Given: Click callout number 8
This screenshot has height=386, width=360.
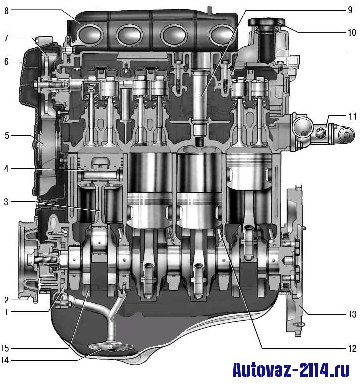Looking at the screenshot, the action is (6, 11).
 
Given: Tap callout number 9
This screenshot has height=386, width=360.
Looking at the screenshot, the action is (350, 10).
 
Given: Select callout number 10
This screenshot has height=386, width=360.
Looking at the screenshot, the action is (352, 32).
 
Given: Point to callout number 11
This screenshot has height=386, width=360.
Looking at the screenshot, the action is (352, 116).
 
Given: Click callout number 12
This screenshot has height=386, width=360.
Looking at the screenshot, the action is (352, 348).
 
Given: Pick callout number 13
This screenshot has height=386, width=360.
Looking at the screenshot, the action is (352, 314).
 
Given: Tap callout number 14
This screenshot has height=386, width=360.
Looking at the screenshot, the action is (5, 360).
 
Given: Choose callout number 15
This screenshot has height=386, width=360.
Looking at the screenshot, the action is (5, 348).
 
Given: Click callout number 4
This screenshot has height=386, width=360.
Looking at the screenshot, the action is (6, 169).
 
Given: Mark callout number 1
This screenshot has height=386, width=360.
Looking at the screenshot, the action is (6, 312).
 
